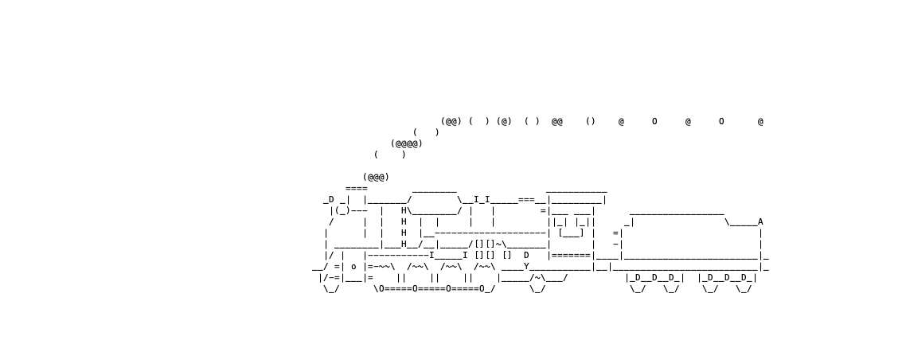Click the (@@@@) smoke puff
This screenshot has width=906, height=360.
[x=407, y=143]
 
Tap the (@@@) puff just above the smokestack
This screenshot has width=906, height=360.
[x=376, y=177]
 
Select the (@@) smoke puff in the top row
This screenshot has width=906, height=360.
[x=451, y=121]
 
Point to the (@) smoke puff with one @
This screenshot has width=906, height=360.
[x=505, y=121]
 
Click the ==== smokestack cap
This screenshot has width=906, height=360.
[x=357, y=189]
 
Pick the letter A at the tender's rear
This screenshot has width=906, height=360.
[x=760, y=222]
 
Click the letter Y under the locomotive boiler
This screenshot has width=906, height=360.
[x=526, y=266]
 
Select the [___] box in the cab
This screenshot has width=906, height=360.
[x=571, y=233]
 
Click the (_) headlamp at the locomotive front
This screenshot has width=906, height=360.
[x=342, y=211]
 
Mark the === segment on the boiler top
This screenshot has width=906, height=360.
[x=526, y=200]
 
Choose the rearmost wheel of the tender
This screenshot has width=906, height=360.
[x=744, y=289]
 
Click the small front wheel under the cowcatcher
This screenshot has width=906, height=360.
[x=331, y=289]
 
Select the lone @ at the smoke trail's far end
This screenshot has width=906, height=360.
[x=760, y=121]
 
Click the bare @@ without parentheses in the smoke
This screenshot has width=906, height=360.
[x=557, y=121]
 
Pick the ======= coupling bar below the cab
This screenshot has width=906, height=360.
[x=571, y=256]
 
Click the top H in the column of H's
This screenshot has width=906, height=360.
[x=404, y=211]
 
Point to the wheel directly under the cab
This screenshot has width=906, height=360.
[x=538, y=289]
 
